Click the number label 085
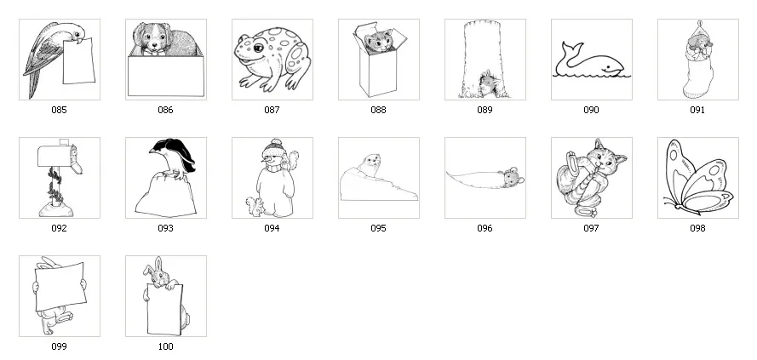point(59,110)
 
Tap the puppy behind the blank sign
point(162,41)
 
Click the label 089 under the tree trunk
point(485,110)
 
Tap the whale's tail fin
point(565,48)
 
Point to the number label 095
point(378,228)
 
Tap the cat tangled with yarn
point(591,177)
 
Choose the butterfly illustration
point(697,178)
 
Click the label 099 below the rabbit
point(59,346)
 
